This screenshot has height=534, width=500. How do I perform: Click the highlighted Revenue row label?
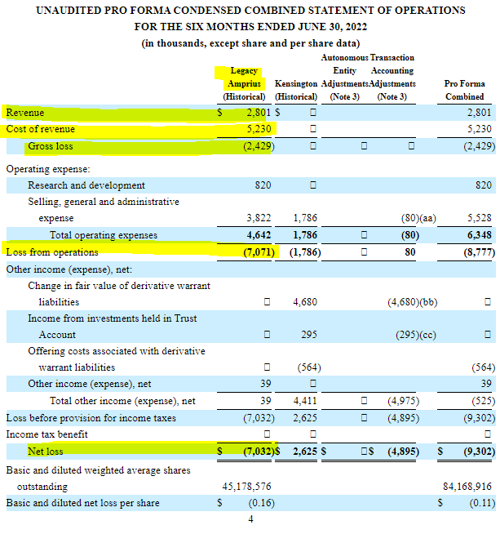[x=25, y=113]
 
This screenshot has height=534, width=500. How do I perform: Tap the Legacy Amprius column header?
[x=244, y=83]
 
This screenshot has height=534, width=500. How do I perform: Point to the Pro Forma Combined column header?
[x=464, y=90]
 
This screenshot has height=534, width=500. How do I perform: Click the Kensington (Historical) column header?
[x=296, y=90]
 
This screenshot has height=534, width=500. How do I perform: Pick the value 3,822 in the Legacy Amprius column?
[x=259, y=219]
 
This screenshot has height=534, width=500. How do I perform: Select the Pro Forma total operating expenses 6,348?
[x=477, y=235]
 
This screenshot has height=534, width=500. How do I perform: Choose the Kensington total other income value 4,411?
[x=306, y=401]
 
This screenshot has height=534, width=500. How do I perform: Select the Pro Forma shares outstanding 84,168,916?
[x=466, y=486]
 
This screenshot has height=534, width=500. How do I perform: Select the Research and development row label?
[x=86, y=185]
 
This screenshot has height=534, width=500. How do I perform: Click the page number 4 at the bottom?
[x=250, y=519]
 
